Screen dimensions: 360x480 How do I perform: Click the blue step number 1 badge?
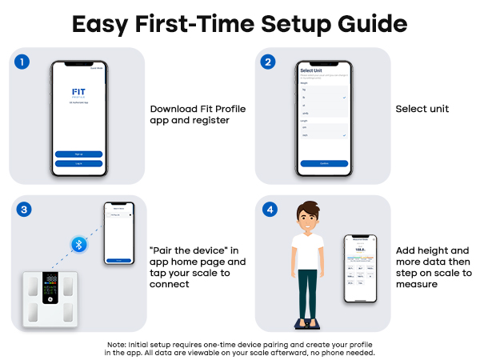coord(26,62)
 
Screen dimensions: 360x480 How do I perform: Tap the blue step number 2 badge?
coord(270,62)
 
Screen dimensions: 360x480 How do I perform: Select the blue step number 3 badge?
coord(26,210)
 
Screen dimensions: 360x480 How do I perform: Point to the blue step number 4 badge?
coord(270,210)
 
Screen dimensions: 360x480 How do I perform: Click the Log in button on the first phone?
coord(79,163)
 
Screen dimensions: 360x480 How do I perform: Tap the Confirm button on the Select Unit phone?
coord(324,163)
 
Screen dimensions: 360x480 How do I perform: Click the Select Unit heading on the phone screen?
coord(311,71)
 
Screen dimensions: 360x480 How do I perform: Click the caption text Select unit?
coord(422,110)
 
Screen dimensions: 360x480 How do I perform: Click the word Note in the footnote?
coord(116,345)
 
